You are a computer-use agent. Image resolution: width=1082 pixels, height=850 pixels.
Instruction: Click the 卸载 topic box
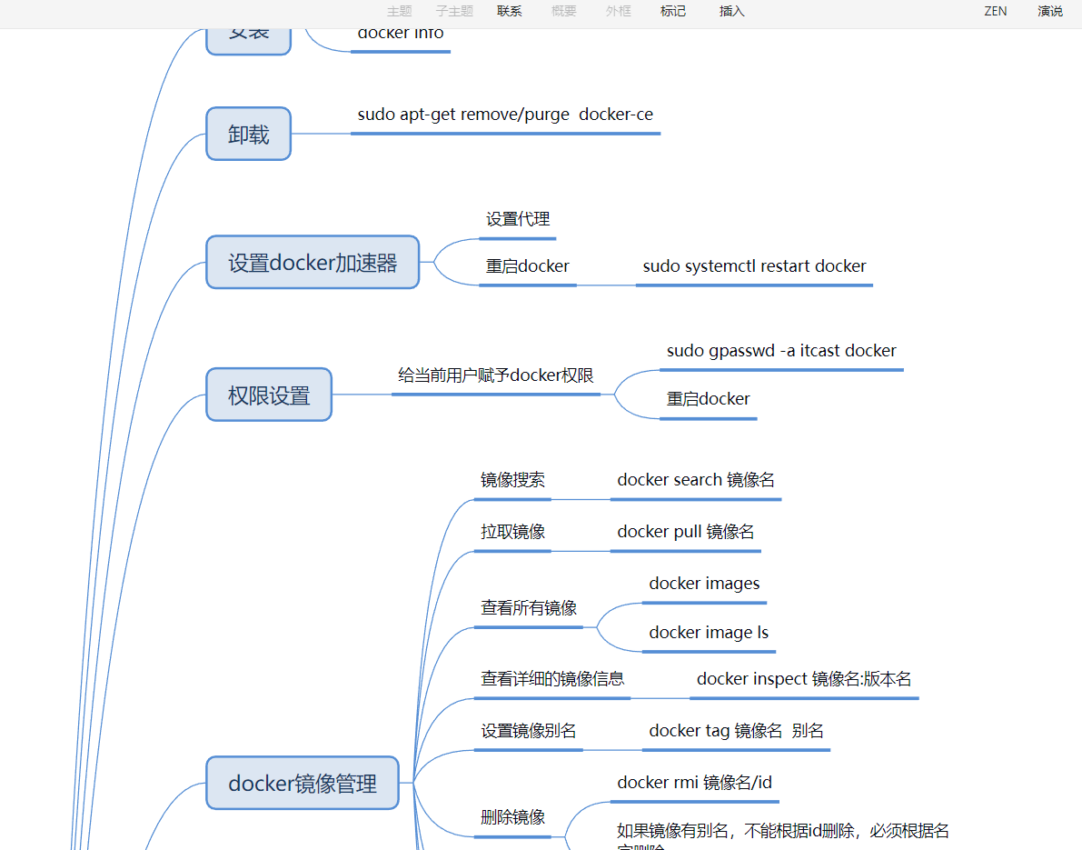[248, 134]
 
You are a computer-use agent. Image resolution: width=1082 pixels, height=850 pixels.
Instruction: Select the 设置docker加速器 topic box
[313, 263]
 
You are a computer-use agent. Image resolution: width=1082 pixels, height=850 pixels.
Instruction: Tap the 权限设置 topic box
[269, 395]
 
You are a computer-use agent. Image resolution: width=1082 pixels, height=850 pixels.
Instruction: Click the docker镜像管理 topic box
[303, 783]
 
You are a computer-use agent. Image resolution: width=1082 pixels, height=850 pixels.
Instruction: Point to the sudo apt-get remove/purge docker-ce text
[505, 115]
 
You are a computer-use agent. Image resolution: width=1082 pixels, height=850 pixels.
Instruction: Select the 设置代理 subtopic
[518, 219]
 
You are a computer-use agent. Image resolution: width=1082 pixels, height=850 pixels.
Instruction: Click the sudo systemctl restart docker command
[754, 266]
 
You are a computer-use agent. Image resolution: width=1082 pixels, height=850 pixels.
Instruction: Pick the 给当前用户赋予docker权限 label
[496, 375]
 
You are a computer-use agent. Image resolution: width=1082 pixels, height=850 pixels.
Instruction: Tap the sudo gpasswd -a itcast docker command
[781, 351]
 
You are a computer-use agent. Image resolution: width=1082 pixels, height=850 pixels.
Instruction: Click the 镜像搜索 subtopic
[512, 480]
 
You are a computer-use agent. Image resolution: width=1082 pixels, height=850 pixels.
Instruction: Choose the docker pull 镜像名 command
[686, 532]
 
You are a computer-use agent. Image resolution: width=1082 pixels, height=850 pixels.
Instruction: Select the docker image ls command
[709, 633]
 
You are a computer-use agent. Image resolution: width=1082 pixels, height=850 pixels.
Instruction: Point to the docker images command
[704, 584]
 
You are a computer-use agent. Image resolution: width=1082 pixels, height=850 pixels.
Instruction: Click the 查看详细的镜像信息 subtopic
[552, 679]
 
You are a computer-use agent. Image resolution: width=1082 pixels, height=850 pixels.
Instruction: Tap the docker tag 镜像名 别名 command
[736, 731]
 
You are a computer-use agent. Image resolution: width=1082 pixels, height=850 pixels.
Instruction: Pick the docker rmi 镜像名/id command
[695, 783]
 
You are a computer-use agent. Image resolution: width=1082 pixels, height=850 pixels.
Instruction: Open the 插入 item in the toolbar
[731, 12]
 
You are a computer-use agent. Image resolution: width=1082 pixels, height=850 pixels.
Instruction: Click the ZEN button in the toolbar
[996, 12]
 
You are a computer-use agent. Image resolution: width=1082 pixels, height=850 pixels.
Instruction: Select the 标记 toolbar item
[673, 12]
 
